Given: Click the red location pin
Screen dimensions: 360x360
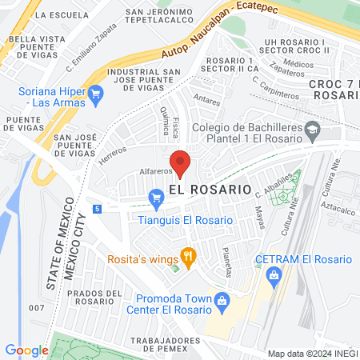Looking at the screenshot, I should pyautogui.click(x=180, y=162).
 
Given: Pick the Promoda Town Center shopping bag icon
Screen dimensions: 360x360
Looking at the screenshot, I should pyautogui.click(x=223, y=302).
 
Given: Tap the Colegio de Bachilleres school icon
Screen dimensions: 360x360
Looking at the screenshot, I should pyautogui.click(x=313, y=127).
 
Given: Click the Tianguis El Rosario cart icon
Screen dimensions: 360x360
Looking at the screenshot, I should pyautogui.click(x=156, y=196).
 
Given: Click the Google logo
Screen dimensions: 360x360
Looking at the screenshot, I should pyautogui.click(x=26, y=350).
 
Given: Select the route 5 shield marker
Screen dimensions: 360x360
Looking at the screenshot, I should pyautogui.click(x=97, y=209).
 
